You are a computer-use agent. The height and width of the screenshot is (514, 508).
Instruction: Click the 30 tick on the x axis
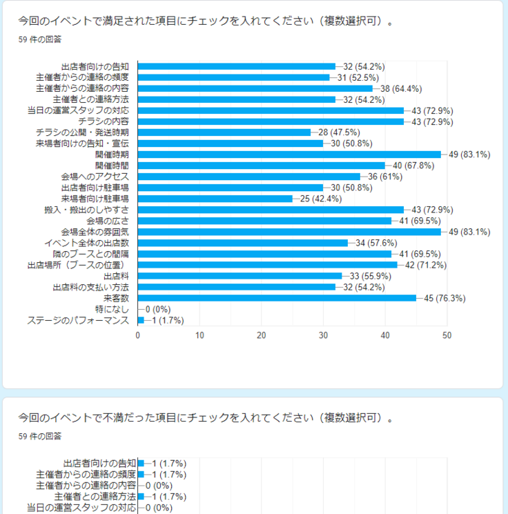click(x=323, y=335)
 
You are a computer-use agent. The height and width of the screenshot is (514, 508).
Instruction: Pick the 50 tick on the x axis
click(x=447, y=335)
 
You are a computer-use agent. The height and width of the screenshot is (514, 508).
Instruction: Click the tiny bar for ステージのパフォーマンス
click(x=141, y=320)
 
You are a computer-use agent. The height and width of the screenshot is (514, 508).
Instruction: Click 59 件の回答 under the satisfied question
click(x=40, y=39)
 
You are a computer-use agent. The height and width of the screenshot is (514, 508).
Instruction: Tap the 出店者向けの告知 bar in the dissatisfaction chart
click(x=141, y=463)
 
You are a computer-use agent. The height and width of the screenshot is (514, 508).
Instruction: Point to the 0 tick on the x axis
click(x=138, y=335)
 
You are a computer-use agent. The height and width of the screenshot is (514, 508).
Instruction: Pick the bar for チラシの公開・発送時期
click(x=224, y=132)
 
